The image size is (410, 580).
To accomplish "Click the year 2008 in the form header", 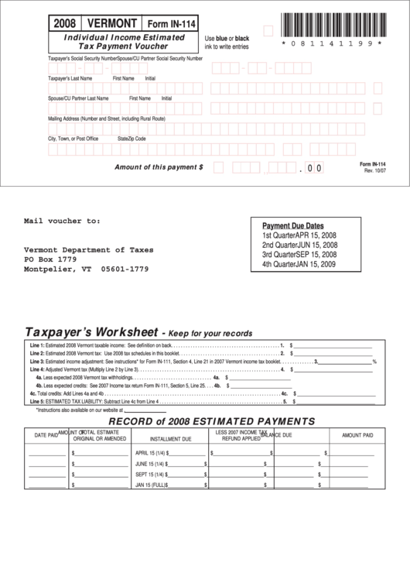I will [x=64, y=23].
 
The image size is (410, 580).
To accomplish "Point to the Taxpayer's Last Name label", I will [x=70, y=78].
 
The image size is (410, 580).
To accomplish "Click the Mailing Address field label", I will [x=107, y=118].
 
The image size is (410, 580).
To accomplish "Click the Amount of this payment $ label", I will [x=159, y=166].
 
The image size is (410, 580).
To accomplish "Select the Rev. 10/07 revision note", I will [x=374, y=170].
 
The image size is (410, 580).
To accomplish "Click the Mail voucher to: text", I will [x=62, y=221].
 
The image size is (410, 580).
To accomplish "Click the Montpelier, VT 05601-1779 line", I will [x=86, y=269].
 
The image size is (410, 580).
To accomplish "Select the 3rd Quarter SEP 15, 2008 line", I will [x=299, y=254].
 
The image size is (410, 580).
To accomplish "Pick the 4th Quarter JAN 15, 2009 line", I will [x=299, y=264].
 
